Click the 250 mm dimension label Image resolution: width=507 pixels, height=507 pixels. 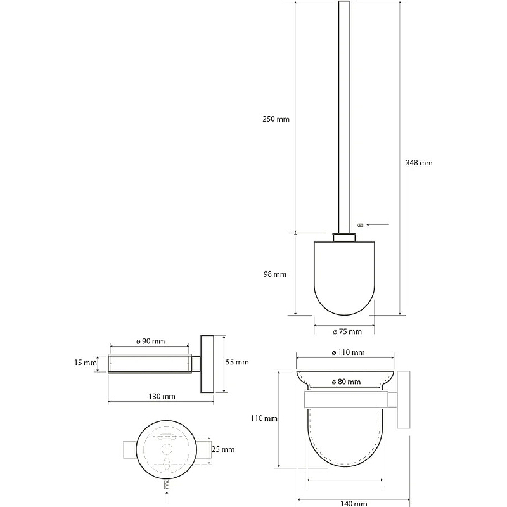[276, 119]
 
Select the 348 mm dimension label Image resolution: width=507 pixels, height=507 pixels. [419, 163]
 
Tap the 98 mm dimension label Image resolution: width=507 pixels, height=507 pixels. [275, 274]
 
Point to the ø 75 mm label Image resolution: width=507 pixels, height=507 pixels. [347, 331]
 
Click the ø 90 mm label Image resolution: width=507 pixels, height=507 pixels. [150, 342]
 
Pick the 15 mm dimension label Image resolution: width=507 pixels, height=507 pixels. [86, 363]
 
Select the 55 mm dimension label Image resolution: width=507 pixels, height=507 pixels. [237, 362]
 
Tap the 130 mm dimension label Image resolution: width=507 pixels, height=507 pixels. [162, 397]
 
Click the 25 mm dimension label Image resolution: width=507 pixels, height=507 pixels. [223, 449]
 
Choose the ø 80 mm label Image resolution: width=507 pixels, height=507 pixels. [346, 382]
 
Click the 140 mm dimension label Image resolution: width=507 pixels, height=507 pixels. [354, 503]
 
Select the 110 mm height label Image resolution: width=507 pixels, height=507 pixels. [264, 418]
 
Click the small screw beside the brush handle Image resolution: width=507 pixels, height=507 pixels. [361, 225]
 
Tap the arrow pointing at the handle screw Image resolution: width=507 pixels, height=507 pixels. [378, 225]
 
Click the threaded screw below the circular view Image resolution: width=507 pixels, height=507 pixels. [167, 484]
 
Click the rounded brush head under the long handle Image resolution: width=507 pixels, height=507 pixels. [344, 278]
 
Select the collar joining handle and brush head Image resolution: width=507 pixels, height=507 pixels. [344, 237]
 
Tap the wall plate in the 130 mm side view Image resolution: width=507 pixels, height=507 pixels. [207, 364]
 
